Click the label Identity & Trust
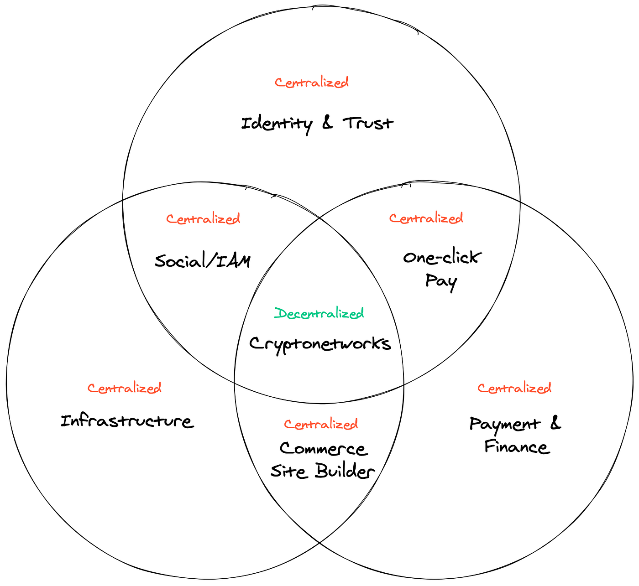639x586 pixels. (x=317, y=123)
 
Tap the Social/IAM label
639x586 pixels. (x=203, y=261)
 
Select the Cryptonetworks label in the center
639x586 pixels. (x=320, y=344)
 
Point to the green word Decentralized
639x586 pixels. (x=319, y=313)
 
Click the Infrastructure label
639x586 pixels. (x=127, y=421)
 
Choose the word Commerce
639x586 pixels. (x=323, y=449)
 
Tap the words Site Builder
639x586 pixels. (x=322, y=472)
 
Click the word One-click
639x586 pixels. (x=440, y=258)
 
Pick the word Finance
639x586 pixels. (x=517, y=446)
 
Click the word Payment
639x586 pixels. (x=505, y=425)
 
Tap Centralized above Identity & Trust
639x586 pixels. (x=312, y=83)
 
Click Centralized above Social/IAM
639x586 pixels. (x=203, y=219)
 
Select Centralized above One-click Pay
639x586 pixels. (x=426, y=218)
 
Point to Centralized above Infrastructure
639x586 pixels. (x=125, y=388)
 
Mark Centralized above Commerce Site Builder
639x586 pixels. (x=321, y=424)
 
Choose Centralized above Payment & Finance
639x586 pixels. (x=514, y=388)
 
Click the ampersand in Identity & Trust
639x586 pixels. (x=328, y=123)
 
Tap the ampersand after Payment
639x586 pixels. (x=555, y=423)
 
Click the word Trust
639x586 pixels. (x=368, y=123)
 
